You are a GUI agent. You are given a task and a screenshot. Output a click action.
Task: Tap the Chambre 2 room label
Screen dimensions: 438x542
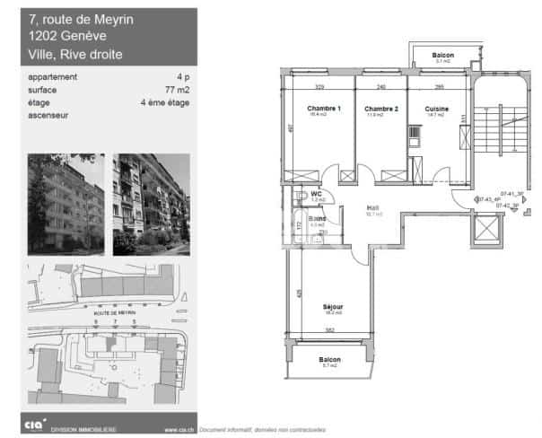[380, 109]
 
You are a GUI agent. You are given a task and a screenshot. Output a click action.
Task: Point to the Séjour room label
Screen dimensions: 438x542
[333, 307]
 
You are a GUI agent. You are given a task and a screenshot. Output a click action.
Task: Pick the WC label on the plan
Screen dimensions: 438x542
[316, 194]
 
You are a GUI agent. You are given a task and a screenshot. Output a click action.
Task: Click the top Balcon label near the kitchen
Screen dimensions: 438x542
[442, 56]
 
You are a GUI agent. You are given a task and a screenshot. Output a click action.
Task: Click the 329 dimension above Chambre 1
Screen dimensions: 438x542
[319, 86]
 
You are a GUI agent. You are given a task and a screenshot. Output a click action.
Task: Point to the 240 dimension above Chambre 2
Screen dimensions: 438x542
[380, 86]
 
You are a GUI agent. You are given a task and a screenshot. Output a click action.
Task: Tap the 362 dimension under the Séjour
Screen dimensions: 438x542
[329, 330]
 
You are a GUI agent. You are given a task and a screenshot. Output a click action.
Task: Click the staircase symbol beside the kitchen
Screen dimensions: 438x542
[501, 126]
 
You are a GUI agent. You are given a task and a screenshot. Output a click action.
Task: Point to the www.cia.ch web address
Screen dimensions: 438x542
[180, 429]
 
